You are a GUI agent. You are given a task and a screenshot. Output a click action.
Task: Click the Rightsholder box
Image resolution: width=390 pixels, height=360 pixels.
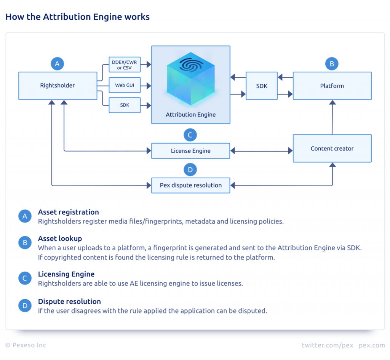tap(58, 86)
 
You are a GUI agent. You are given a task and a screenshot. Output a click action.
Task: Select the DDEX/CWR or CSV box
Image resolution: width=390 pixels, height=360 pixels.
tap(125, 65)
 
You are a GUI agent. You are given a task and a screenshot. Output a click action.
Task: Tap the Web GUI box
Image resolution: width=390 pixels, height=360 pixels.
tap(125, 85)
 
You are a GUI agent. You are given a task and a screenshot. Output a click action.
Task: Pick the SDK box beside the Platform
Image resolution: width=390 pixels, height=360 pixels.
tap(262, 86)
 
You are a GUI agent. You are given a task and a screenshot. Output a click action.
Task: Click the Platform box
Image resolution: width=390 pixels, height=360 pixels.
tap(332, 86)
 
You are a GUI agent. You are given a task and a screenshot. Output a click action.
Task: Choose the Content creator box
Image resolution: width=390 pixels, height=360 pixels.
tap(332, 149)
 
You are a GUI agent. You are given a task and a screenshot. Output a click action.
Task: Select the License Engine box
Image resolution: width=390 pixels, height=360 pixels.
tap(190, 151)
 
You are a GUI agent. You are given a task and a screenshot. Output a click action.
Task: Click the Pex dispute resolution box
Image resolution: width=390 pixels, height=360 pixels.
tap(190, 186)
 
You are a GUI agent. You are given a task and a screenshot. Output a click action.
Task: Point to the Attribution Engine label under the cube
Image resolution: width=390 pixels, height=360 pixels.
tap(190, 115)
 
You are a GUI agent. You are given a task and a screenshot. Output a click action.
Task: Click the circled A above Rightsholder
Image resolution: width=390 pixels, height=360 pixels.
tap(57, 64)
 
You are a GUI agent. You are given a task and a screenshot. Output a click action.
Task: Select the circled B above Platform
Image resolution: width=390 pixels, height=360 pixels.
tap(332, 64)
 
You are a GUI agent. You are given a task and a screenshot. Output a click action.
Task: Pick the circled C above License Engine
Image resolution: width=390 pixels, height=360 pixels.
tap(190, 135)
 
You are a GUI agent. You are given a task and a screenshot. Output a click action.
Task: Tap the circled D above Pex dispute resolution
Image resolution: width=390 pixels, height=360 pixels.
tap(190, 170)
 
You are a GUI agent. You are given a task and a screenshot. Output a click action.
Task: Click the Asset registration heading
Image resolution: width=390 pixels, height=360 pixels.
tap(68, 212)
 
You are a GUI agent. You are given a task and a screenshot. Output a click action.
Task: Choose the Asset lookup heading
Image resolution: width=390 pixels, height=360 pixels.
tap(60, 239)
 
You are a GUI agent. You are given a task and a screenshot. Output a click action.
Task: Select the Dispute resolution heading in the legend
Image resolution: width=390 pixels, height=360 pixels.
tap(69, 302)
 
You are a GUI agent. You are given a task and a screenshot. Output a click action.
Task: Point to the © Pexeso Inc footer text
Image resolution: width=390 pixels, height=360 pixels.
tap(26, 345)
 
